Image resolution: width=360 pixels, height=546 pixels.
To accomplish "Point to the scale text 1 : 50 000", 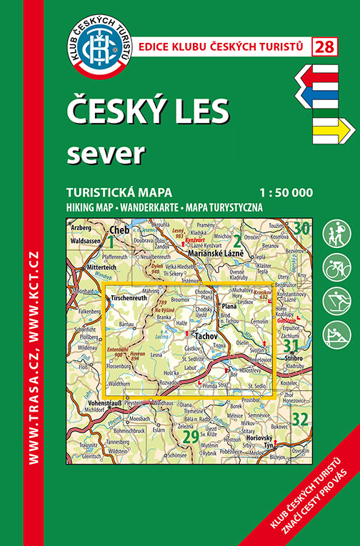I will pyautogui.click(x=284, y=192).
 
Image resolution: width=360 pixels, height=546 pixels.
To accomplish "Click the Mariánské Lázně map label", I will pyautogui.click(x=216, y=254).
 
